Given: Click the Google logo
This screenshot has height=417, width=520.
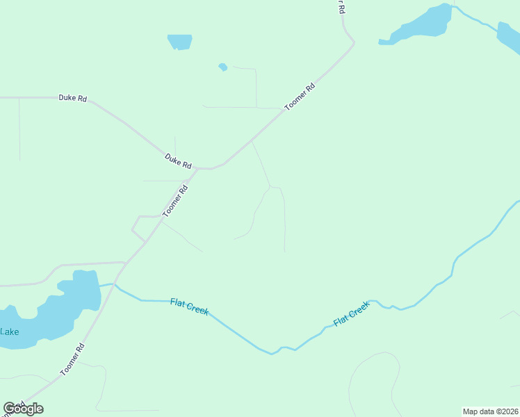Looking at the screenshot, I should pos(24,409).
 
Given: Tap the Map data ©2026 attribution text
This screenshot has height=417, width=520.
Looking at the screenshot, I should pos(490,411).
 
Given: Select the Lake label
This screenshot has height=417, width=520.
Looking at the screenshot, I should pos(9,332).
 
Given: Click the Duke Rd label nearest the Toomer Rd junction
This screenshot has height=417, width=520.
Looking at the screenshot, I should pos(178,161).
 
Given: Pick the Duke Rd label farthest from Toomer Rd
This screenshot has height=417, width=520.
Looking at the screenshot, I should pos(72,99).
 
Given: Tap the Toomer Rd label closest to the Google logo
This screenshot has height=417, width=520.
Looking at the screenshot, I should pos(72,359).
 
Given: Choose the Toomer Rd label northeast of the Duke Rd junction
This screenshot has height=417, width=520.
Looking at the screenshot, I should pos(300,97).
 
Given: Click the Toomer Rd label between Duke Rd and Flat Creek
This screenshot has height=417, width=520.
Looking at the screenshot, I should pos(175,202).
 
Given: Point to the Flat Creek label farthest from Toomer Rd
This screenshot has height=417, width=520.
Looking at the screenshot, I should pos(351,313).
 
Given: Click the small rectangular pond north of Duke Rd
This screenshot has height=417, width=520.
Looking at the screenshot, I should pos(179,42).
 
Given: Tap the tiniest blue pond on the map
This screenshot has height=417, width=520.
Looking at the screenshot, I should pos(222,67).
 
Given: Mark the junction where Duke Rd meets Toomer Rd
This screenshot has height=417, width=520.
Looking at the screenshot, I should pos(197,168).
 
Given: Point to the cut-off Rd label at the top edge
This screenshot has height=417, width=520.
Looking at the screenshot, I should pos(341,7).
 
